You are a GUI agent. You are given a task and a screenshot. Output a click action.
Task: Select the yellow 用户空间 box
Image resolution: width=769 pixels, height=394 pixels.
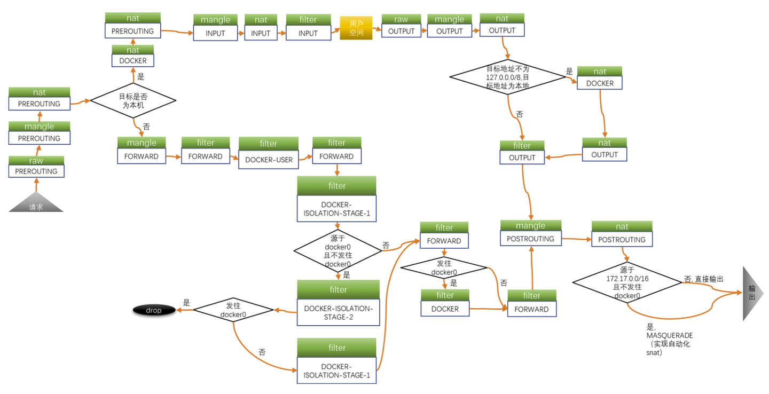pos(356,28)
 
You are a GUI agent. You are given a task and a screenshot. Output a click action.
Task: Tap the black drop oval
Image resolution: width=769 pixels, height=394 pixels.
pos(154,310)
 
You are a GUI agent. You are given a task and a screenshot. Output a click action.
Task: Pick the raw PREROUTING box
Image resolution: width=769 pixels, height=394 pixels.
pos(36,167)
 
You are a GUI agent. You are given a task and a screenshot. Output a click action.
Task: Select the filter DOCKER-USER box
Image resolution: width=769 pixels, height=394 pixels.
pos(269,154)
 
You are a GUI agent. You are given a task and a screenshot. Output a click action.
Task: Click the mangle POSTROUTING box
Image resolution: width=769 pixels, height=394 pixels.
pos(530,233)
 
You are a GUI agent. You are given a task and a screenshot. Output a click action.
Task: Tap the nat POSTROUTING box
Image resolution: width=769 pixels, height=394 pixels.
pos(622,234)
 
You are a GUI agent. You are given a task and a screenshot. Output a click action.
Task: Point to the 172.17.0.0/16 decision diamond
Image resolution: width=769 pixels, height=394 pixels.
pos(627,282)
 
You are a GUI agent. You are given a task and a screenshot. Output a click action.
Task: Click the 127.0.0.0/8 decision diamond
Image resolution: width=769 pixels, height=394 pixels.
pos(507,77)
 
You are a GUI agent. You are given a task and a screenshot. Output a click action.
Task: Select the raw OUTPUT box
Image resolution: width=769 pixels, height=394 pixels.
pos(401,26)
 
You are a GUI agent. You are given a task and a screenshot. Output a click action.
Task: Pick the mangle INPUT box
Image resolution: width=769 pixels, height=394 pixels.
pos(215,28)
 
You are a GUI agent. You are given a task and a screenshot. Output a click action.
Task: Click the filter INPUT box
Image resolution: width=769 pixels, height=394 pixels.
pos(308,28)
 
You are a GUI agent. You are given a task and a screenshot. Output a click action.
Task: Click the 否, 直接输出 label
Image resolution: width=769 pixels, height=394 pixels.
pos(704,279)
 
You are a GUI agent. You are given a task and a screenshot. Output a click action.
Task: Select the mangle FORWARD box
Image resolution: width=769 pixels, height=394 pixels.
pos(142,151)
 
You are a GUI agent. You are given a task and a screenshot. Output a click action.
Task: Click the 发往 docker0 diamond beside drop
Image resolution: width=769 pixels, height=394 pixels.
pos(233,310)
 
